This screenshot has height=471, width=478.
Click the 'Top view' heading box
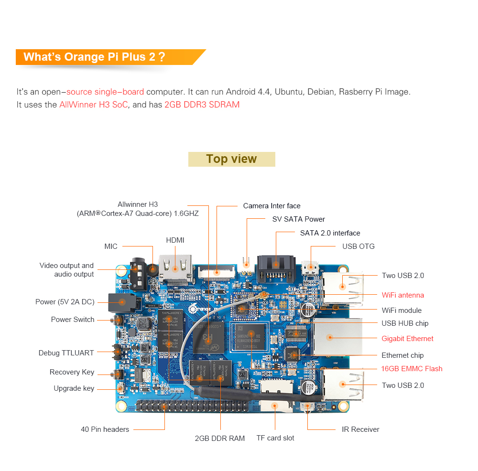click(x=231, y=159)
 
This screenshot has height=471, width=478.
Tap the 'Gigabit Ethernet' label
click(x=407, y=339)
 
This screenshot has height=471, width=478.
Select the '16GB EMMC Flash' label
click(x=412, y=369)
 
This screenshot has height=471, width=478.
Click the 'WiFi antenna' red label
click(x=402, y=295)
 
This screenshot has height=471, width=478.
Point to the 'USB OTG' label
click(x=358, y=246)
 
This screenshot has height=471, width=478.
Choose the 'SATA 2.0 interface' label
click(x=330, y=233)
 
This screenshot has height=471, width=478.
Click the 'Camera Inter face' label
click(x=272, y=206)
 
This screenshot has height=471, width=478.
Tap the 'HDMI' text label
click(x=175, y=240)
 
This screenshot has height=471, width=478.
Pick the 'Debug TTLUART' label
click(x=66, y=353)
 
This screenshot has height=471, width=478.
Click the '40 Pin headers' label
click(x=105, y=429)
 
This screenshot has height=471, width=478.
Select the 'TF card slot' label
click(x=275, y=438)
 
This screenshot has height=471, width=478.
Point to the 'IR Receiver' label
click(x=360, y=429)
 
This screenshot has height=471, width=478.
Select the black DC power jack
click(x=120, y=302)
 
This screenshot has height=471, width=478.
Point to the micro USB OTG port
click(x=311, y=268)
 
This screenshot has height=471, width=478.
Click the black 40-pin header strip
click(x=191, y=407)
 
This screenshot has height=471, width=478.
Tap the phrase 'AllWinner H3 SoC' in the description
click(x=94, y=105)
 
